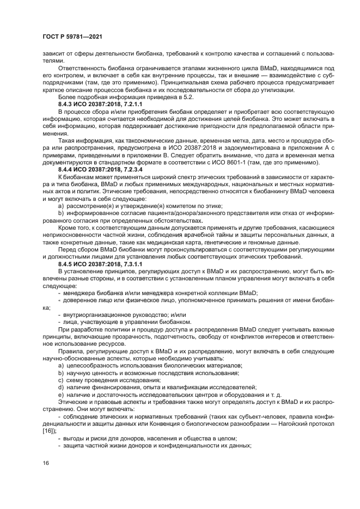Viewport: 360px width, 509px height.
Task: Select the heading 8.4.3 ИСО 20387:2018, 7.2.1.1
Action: coord(100,103)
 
